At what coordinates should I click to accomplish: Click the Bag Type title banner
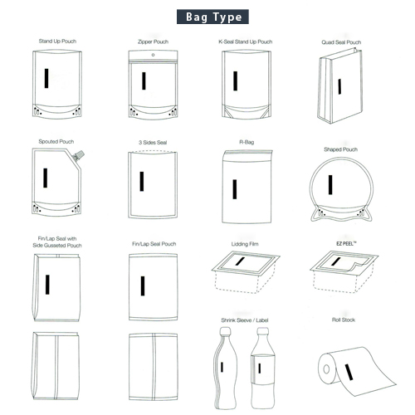click(212, 17)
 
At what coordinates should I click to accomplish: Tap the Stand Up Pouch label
click(57, 41)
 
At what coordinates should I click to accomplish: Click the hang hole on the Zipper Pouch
click(153, 55)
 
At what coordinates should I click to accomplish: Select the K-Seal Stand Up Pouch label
click(246, 41)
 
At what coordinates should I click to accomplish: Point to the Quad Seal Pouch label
click(341, 42)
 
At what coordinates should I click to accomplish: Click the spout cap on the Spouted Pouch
click(79, 155)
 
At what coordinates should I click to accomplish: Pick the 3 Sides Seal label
click(153, 143)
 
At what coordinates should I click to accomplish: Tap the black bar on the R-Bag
click(235, 189)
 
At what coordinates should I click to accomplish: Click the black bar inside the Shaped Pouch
click(330, 184)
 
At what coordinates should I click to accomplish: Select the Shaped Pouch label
click(340, 149)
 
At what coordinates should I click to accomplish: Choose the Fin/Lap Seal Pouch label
click(154, 244)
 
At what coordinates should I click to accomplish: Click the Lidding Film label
click(245, 244)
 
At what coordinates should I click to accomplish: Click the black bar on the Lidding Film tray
click(240, 261)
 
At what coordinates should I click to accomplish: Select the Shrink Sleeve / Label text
click(245, 320)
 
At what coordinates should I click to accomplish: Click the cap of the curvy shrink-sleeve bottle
click(225, 330)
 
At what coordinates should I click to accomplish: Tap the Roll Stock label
click(344, 320)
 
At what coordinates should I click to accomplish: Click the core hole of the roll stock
click(326, 369)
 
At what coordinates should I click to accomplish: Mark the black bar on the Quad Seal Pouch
click(339, 86)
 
